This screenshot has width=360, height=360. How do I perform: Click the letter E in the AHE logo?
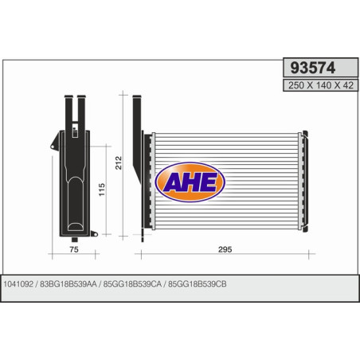click(x=210, y=182)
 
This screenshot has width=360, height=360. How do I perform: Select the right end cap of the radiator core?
click(x=303, y=182)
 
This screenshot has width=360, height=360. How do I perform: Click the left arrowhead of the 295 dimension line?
click(x=143, y=256)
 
